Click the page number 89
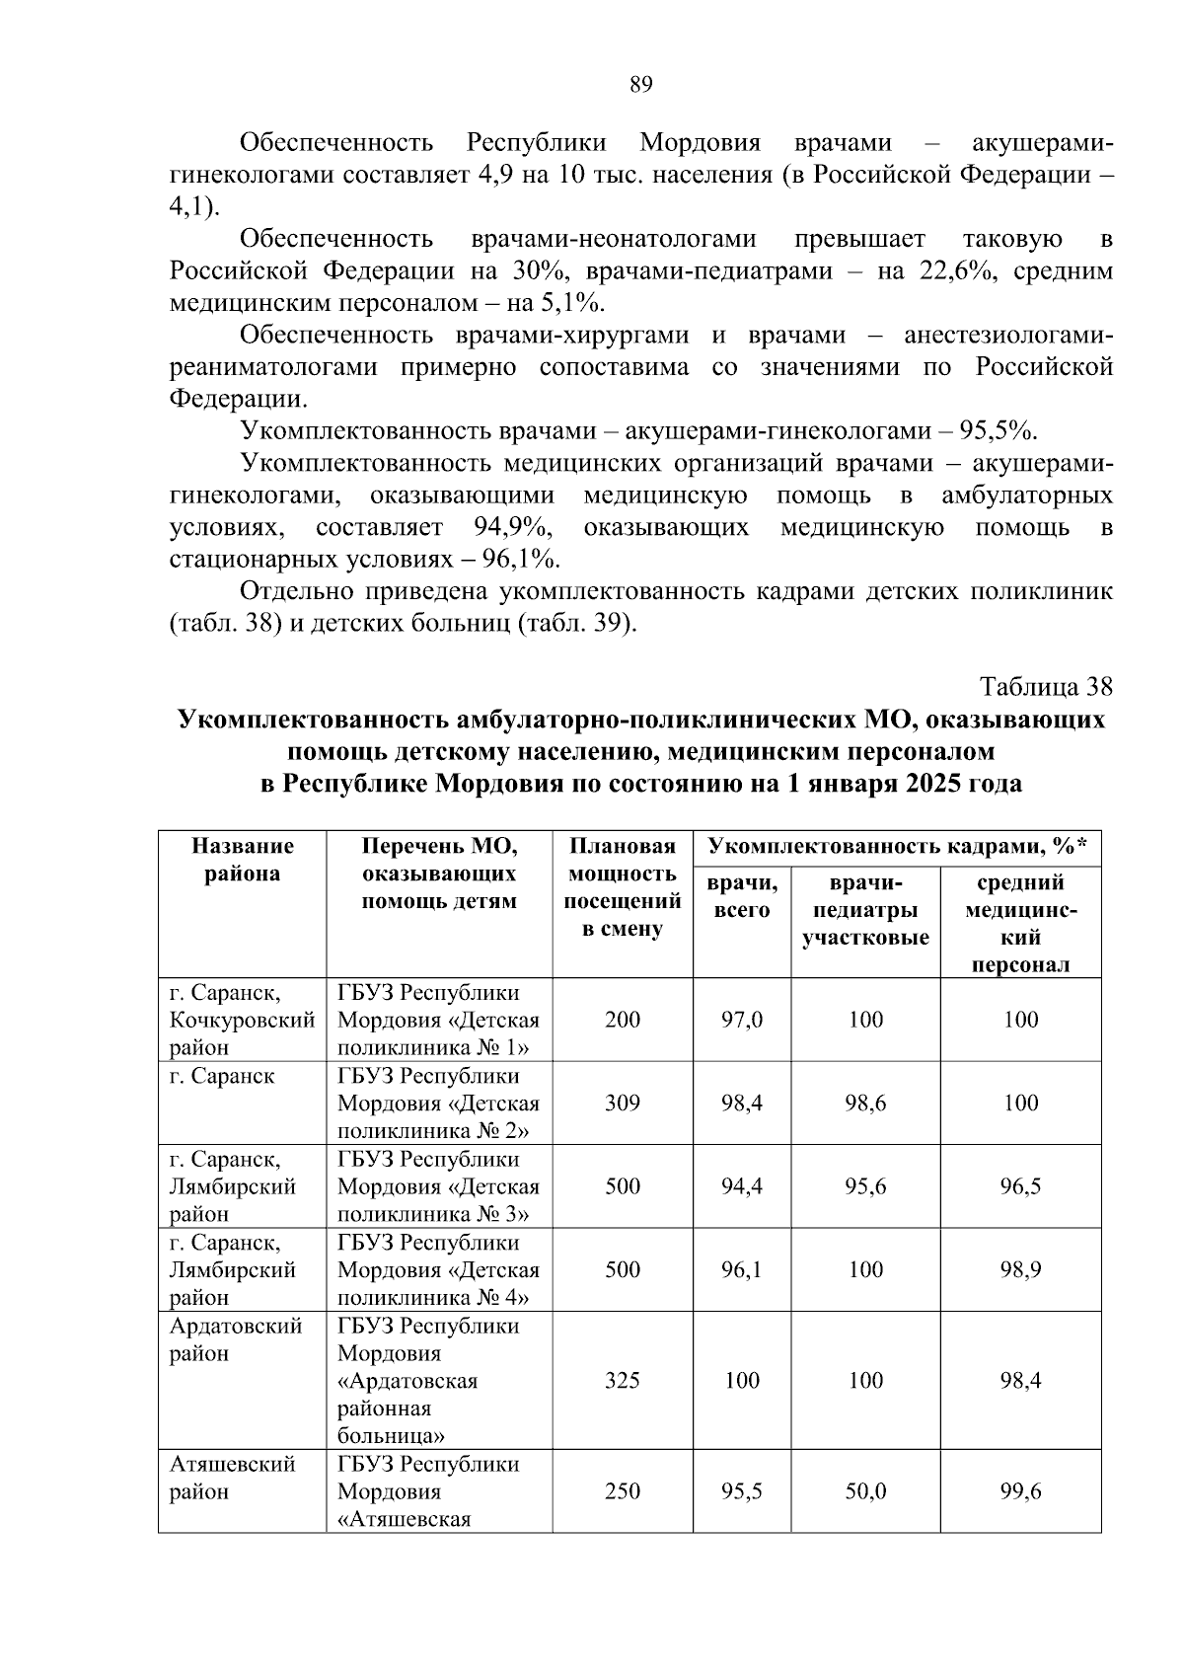pos(640,85)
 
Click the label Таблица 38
pos(1046,687)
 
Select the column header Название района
pos(242,860)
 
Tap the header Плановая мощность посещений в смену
pos(622,887)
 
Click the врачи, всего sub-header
pos(741,896)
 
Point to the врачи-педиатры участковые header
pos(865,910)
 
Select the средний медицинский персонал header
pos(1020,923)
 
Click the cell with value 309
pos(622,1104)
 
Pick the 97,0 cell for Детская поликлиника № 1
pos(741,1020)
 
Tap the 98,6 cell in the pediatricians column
pos(865,1104)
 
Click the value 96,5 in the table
pos(1020,1186)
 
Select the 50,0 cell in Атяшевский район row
pos(865,1491)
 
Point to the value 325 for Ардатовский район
pos(622,1380)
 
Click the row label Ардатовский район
pos(236,1339)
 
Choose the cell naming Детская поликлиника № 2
pos(438,1104)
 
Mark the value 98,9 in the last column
pos(1020,1269)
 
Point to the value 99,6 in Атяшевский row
pos(1020,1491)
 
